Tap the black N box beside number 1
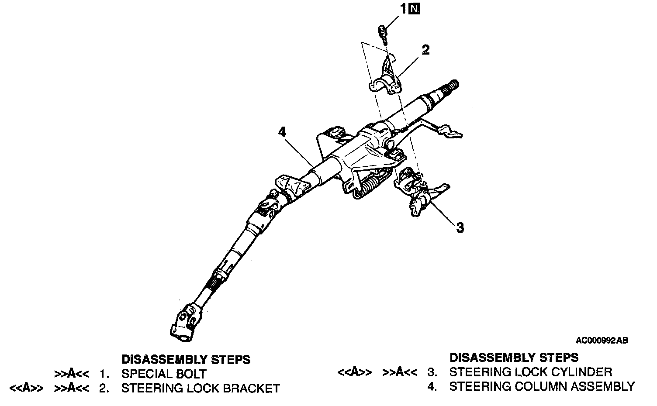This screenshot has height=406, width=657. coord(414,8)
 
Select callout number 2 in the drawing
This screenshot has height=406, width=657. coord(425,50)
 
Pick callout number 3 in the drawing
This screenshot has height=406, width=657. coord(460,227)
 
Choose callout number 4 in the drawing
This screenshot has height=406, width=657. coord(282,131)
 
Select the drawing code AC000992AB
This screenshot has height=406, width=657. coord(602,341)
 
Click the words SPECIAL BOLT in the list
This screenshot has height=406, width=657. coord(164,374)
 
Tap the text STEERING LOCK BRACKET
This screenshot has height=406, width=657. coord(201,388)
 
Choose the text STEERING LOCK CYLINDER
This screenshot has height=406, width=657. coord(531,372)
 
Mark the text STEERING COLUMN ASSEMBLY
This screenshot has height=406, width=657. coord(542,386)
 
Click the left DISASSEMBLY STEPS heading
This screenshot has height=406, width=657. coord(186,359)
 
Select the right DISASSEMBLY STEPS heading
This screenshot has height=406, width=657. coord(514,358)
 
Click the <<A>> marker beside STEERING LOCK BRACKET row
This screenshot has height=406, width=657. coord(26,388)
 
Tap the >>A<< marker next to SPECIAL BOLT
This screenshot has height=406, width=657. coord(72,374)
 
